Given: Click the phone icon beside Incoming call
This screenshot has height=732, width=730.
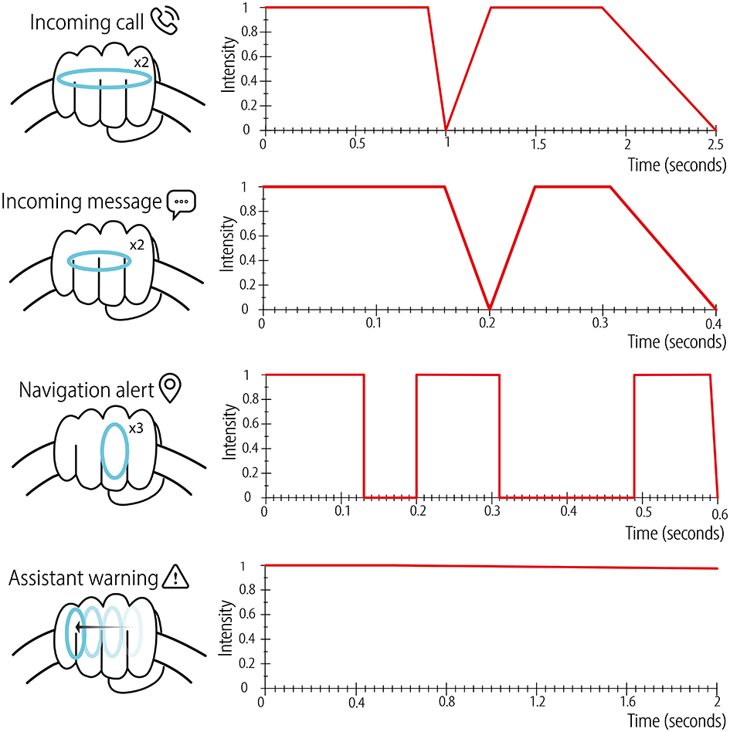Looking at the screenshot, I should coord(165,21).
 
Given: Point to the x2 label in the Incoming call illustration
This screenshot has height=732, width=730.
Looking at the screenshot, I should coord(140,61).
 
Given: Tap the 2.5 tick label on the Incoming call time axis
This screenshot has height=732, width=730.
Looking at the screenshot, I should coord(715,144).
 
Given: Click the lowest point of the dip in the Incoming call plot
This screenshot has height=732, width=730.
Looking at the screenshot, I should coord(446,129).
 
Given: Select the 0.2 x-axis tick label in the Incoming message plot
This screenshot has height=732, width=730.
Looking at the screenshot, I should coord(487,324).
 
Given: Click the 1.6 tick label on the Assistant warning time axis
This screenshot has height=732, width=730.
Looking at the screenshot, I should coord(626,702).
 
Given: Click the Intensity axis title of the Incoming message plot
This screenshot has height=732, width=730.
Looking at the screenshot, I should coord(229,246).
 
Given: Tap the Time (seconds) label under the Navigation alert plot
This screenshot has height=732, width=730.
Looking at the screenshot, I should coord(675,533).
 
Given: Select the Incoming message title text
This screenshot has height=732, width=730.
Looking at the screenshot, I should coord(82,202).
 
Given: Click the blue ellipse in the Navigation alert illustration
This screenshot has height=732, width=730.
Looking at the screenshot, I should coord(114,451).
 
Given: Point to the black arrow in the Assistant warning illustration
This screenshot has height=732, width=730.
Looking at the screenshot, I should coord(104,627).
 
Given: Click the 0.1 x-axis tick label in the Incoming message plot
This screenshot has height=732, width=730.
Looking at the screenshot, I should coord(375,324).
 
